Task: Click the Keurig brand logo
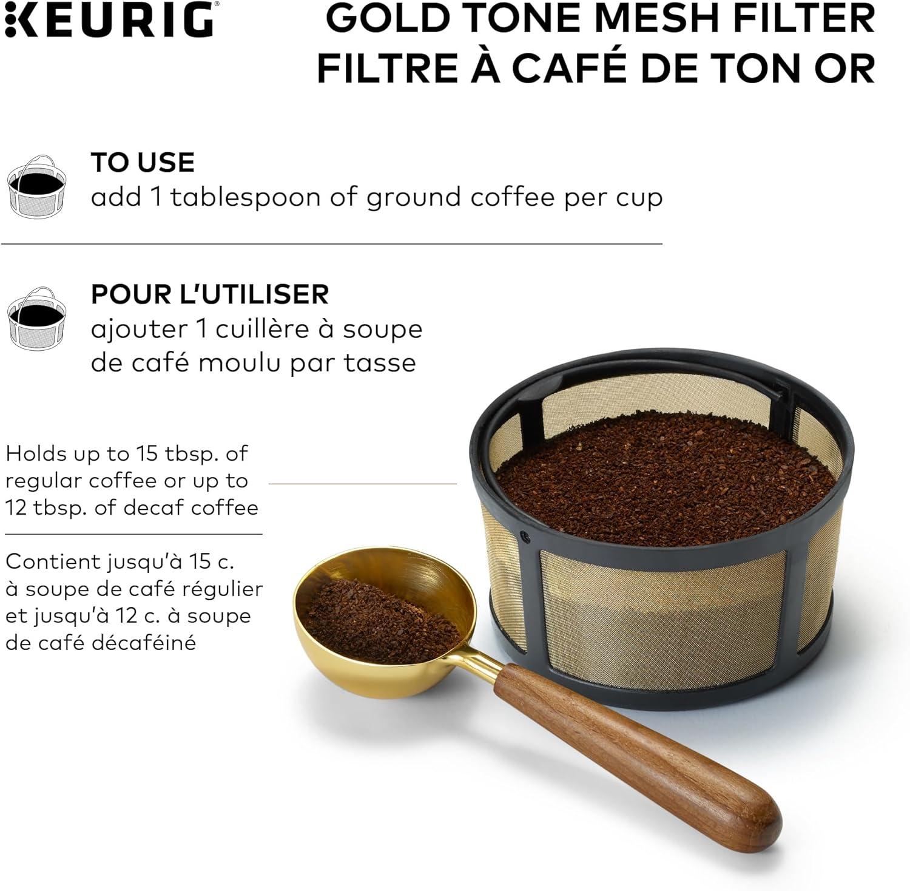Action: coord(109,19)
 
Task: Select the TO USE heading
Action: coord(143,163)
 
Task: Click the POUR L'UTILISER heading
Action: coord(210,294)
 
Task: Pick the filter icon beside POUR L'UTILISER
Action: coord(35,319)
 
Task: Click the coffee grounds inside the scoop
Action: coord(379,619)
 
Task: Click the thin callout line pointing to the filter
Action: coord(362,484)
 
